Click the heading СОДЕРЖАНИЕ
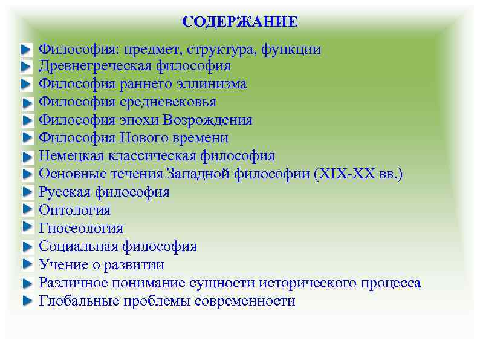pyautogui.click(x=240, y=22)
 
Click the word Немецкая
pyautogui.click(x=71, y=156)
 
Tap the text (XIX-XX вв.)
pyautogui.click(x=357, y=174)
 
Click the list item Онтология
pyautogui.click(x=74, y=211)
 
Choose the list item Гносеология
pyautogui.click(x=80, y=229)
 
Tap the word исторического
pyautogui.click(x=303, y=283)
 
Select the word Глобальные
pyautogui.click(x=77, y=301)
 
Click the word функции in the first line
pyautogui.click(x=293, y=49)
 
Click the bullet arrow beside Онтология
pyautogui.click(x=27, y=209)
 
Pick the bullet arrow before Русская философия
pyautogui.click(x=27, y=192)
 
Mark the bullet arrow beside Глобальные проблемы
pyautogui.click(x=27, y=301)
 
